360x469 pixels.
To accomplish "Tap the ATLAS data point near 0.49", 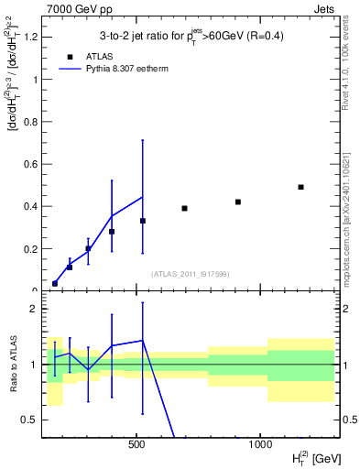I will point(300,187).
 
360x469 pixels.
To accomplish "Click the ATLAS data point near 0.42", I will point(238,202).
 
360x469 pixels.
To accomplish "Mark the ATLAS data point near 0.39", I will point(184,208).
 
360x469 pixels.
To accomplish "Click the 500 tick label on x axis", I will point(136,444).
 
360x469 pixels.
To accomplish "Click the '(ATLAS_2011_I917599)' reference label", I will point(189,273).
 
